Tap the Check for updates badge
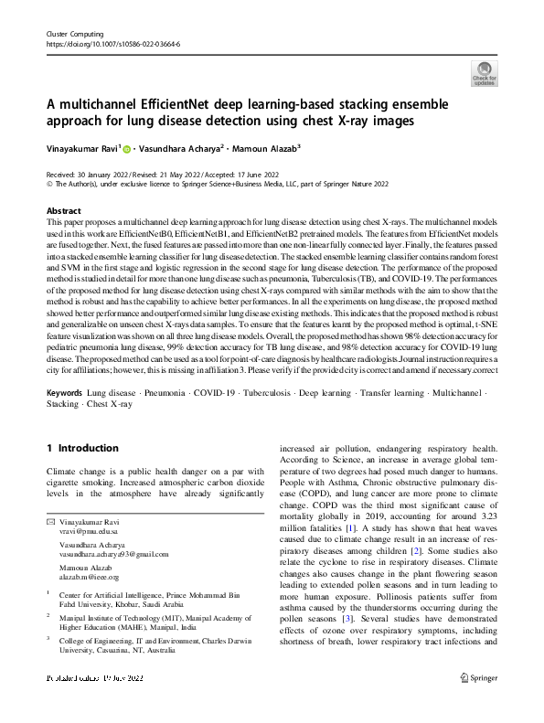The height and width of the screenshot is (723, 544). [484, 74]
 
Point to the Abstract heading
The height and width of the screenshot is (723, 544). [63, 210]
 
